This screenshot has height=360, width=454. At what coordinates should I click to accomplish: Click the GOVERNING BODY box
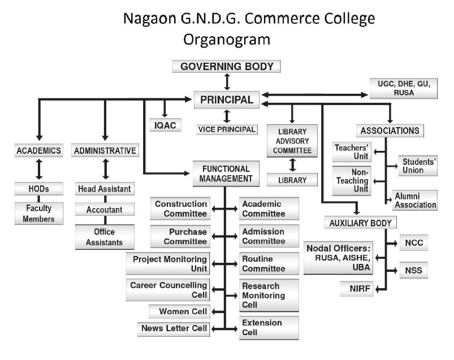[x=227, y=67]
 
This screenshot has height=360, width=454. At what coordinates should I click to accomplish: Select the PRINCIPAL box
[x=227, y=100]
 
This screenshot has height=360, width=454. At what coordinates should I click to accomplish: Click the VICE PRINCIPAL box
[x=227, y=129]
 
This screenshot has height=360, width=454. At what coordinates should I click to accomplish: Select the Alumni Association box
[x=415, y=200]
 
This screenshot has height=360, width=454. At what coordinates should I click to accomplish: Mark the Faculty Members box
[x=39, y=213]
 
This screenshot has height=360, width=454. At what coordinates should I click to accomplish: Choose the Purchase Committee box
[x=180, y=236]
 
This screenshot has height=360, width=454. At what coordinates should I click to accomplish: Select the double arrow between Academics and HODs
[x=38, y=168]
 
